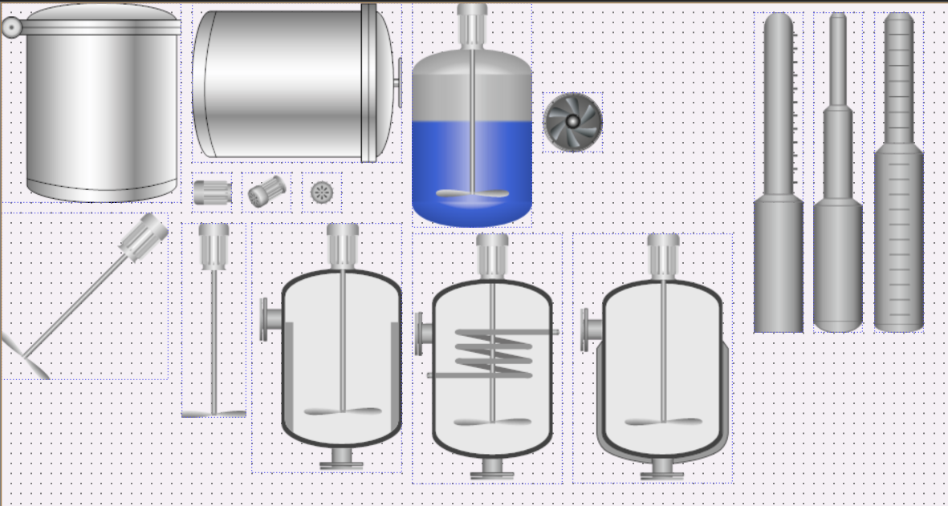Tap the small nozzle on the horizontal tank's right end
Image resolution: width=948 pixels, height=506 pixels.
[x=398, y=82]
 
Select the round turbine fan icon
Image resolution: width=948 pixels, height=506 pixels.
[x=573, y=121]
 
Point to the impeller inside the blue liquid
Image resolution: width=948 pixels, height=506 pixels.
[x=472, y=193]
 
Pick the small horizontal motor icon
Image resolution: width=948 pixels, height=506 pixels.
[x=213, y=192]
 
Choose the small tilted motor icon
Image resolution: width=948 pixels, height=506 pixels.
[x=266, y=192]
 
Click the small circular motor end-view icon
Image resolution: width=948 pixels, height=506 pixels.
[x=322, y=192]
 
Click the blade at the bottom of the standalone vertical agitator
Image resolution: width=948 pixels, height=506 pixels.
[x=214, y=413]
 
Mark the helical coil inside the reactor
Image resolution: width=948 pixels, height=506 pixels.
[x=493, y=353]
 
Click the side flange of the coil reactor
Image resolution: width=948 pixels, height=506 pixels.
[x=420, y=334]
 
